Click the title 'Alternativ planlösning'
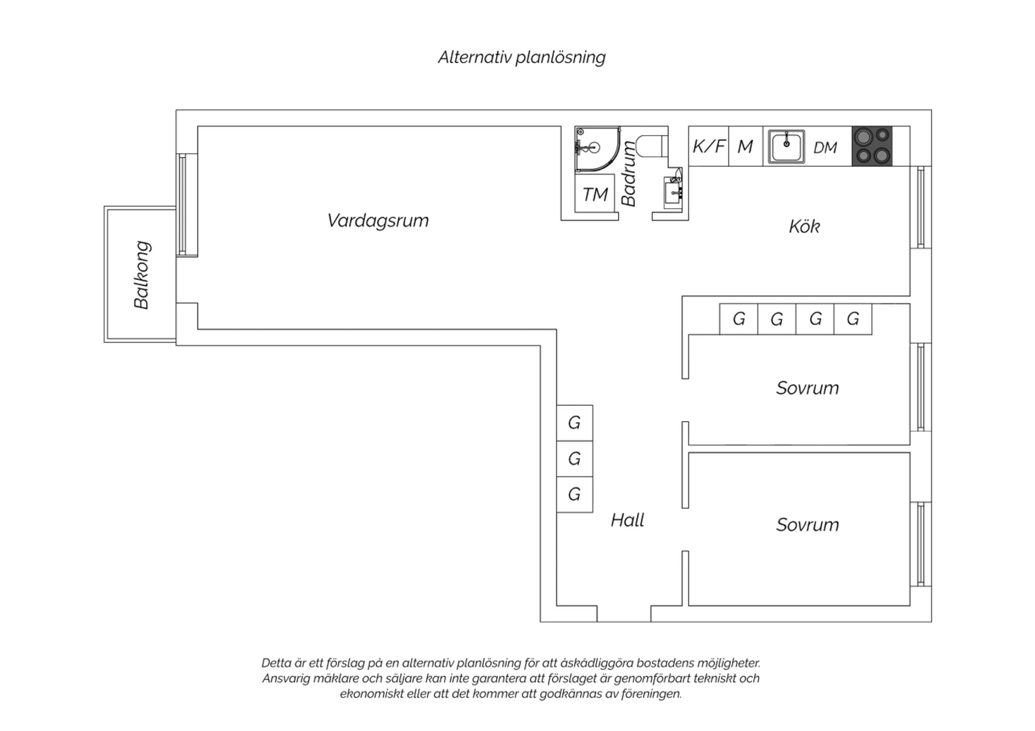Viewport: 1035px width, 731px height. click(x=522, y=58)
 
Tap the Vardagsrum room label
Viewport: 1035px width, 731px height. click(x=378, y=221)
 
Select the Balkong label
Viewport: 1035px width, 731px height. click(x=142, y=274)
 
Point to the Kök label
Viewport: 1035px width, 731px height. click(x=804, y=226)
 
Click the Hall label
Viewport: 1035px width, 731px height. click(x=627, y=521)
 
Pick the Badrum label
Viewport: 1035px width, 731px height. click(x=629, y=174)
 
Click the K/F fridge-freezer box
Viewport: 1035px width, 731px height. click(x=709, y=146)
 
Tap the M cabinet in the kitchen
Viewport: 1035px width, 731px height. click(x=746, y=146)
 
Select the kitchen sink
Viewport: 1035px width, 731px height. click(x=787, y=146)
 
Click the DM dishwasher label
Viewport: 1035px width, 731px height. click(x=825, y=148)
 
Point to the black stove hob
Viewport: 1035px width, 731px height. click(x=872, y=146)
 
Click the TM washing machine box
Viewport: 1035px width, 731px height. click(x=595, y=194)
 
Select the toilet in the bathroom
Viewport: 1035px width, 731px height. click(x=651, y=146)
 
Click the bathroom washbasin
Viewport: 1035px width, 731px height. click(x=673, y=193)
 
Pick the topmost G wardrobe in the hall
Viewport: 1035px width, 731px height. click(x=575, y=423)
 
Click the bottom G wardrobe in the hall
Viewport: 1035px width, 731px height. click(x=575, y=494)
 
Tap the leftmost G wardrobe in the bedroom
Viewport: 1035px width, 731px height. click(x=739, y=319)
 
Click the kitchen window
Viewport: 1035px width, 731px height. click(x=921, y=208)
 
